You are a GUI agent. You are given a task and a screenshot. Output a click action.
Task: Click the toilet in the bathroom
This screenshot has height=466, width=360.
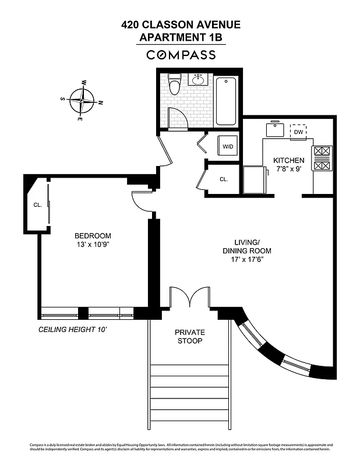coord(174,84)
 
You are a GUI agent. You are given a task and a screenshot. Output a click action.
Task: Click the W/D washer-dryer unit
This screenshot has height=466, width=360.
coord(227,146)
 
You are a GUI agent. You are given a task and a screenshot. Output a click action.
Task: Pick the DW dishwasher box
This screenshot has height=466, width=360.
coord(298,132)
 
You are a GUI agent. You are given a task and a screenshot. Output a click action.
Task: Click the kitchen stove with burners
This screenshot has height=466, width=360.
coord(322,158)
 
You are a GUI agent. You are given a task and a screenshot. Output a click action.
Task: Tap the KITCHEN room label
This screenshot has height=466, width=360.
coord(289,160)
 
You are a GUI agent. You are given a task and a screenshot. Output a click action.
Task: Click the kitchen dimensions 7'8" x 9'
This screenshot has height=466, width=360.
coord(289,169)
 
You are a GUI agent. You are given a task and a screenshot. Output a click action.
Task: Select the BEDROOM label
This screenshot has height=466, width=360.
coord(93,235)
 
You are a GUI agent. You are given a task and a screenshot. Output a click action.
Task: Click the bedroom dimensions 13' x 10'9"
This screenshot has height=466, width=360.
coord(93,245)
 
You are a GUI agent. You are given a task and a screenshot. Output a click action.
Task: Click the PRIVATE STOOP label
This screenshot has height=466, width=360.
coord(190,336)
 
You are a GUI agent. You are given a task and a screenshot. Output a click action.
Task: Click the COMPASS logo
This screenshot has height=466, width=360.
coord(181,55)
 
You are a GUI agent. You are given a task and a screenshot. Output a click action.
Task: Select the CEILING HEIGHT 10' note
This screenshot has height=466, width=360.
coord(73,329)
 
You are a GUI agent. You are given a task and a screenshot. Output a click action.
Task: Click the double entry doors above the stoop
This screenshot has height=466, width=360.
coord(190,298)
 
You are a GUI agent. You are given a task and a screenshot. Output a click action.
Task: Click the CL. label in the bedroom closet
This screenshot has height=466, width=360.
coord(37,204)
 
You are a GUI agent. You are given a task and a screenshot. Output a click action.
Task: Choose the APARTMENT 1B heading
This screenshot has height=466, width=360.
coord(181,37)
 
